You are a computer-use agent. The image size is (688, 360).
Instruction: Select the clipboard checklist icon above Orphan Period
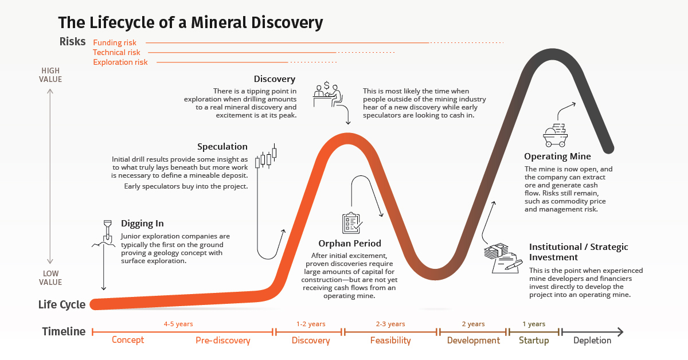351,223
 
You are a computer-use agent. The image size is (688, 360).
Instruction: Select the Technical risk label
116,52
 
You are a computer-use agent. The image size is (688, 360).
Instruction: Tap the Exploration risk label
120,62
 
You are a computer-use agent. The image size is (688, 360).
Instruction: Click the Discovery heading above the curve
275,79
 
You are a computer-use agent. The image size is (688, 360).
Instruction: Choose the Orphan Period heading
350,244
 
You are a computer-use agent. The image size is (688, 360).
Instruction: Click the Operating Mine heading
557,156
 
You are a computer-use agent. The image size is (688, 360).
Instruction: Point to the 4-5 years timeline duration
178,324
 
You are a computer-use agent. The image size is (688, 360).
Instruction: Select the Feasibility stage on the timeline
390,341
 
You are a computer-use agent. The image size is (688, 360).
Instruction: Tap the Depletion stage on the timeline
592,341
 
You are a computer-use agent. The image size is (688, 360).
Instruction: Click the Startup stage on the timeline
534,341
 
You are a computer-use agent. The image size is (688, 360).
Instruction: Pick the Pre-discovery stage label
223,341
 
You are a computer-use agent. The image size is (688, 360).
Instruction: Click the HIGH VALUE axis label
51,75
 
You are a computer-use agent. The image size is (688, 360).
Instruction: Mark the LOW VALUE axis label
51,278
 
